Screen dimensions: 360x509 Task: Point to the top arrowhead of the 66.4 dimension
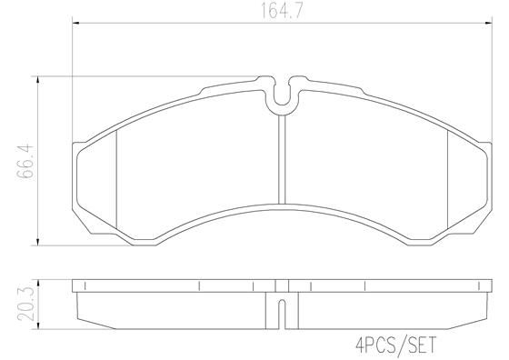(x=37, y=79)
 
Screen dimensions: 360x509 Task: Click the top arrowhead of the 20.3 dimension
(x=37, y=282)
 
